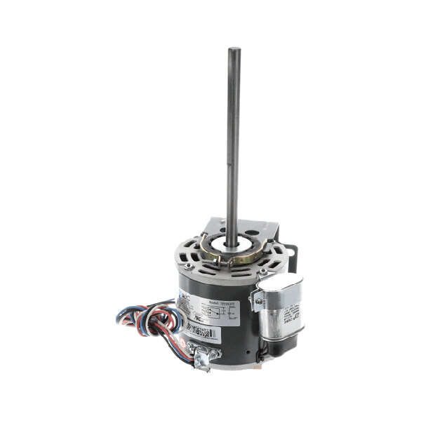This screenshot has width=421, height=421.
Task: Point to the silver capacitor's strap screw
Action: (x=259, y=302)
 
